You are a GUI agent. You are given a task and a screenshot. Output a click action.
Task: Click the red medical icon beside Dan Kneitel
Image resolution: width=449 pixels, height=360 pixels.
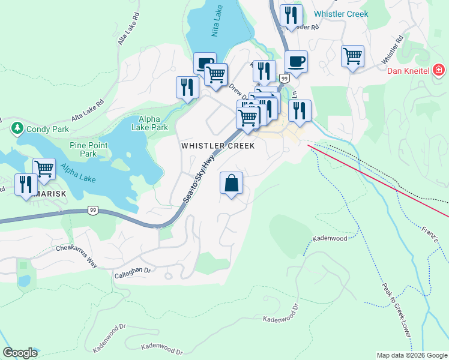click(x=439, y=71)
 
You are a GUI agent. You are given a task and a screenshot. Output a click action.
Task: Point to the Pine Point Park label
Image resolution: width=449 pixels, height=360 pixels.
click(x=88, y=149)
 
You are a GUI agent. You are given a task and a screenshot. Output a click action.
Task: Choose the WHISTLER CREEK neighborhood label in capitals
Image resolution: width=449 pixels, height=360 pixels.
click(x=218, y=146)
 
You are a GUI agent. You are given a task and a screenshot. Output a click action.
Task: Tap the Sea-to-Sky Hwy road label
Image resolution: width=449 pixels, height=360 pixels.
click(x=200, y=179)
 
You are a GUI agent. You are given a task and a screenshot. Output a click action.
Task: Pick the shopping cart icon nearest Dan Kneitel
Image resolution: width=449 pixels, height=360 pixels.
click(x=352, y=56)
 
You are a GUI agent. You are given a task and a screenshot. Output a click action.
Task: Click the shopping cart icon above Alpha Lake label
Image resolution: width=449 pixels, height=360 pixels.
click(x=44, y=169)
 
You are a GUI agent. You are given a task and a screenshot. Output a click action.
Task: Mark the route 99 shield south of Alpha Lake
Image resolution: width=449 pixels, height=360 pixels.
click(x=92, y=210)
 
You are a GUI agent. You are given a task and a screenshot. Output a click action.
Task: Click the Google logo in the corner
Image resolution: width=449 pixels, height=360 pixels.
click(x=20, y=353)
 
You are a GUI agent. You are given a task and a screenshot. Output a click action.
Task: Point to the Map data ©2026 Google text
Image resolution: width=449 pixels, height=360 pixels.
click(x=412, y=355)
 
